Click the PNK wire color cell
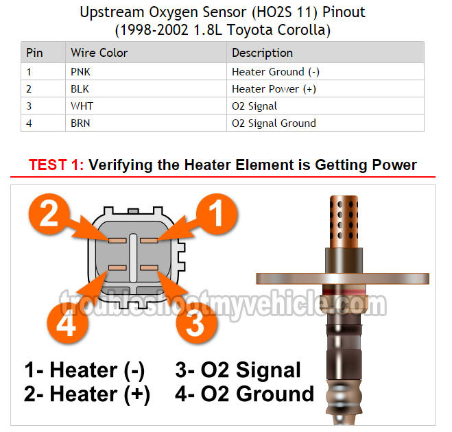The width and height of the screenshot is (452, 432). click(x=80, y=72)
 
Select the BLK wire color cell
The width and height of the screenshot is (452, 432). click(x=80, y=88)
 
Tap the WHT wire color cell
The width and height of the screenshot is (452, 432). click(x=82, y=106)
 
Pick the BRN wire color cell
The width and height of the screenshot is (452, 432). click(x=80, y=123)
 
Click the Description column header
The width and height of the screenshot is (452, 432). click(x=262, y=53)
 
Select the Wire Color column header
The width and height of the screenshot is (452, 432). click(x=99, y=53)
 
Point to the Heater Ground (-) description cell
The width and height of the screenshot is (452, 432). click(x=276, y=72)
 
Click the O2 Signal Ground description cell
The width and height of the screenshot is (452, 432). click(x=274, y=123)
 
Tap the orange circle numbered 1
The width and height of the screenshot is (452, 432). click(x=217, y=214)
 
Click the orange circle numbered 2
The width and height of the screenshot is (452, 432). click(x=49, y=214)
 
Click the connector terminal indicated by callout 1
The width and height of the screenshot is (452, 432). click(x=149, y=241)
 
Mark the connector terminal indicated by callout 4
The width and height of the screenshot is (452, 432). click(x=117, y=268)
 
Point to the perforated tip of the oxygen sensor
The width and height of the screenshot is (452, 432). click(x=344, y=221)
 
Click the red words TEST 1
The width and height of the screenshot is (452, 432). click(x=56, y=165)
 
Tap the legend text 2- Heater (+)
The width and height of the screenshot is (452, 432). click(x=87, y=394)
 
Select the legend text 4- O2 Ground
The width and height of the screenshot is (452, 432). click(x=244, y=394)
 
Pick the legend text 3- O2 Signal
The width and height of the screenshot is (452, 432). click(x=238, y=370)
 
